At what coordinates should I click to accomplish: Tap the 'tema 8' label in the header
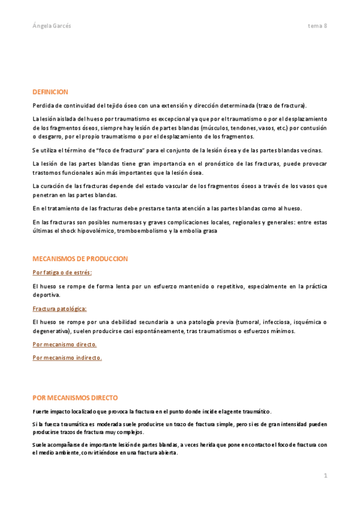pyautogui.click(x=317, y=26)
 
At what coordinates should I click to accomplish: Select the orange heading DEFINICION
pyautogui.click(x=50, y=92)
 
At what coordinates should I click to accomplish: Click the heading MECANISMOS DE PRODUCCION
pyautogui.click(x=80, y=259)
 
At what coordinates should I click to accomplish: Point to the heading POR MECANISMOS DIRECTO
pyautogui.click(x=74, y=397)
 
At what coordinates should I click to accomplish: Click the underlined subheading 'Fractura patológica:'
pyautogui.click(x=59, y=309)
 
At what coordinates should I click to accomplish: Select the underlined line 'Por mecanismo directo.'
pyautogui.click(x=64, y=345)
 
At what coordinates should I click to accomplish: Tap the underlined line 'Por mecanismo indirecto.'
pyautogui.click(x=67, y=358)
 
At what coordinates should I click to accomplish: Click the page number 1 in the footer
pyautogui.click(x=325, y=475)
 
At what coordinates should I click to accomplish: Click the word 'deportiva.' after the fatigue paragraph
pyautogui.click(x=46, y=295)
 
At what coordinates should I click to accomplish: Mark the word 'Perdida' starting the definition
pyautogui.click(x=43, y=106)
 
